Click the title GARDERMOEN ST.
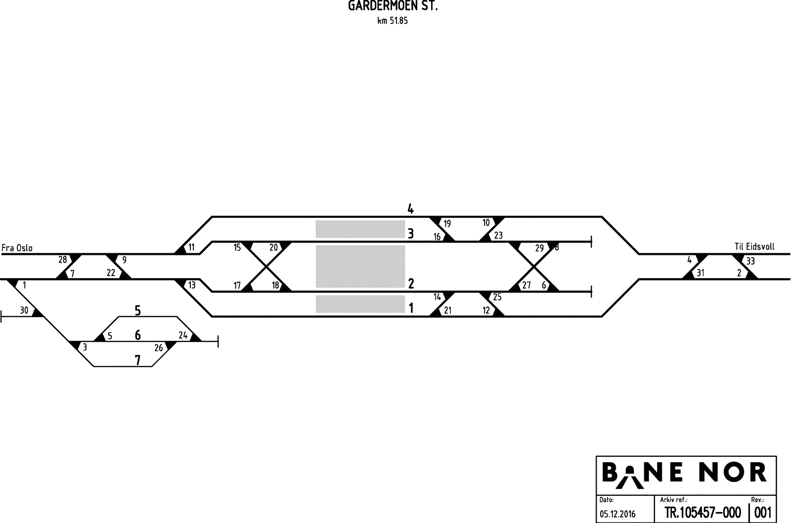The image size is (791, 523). coord(393,6)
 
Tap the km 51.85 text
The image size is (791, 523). coord(393,21)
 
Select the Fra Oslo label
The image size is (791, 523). coord(17,248)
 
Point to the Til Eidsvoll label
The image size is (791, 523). coord(754,247)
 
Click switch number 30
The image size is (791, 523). coord(24,310)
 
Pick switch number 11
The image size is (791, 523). coord(191,247)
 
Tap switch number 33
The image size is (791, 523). coord(750,261)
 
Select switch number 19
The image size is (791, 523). coord(447,223)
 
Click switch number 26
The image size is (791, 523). coord(159,348)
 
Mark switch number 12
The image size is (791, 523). coord(486,310)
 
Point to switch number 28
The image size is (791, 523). coord(62,260)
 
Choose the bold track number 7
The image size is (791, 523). coord(138,360)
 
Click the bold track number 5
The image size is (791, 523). coord(138,310)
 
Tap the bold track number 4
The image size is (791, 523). coord(410,209)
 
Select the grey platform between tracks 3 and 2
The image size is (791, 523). coord(360,266)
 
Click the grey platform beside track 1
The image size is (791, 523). coord(360,304)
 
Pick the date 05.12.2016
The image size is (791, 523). coord(617,514)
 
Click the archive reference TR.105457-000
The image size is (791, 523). coord(703,512)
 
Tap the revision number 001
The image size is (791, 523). coord(763,512)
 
